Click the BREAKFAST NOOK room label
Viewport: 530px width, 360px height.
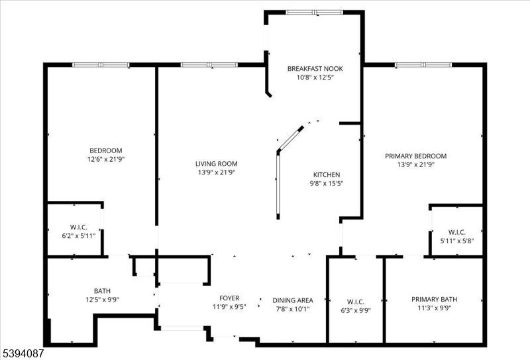click(315, 68)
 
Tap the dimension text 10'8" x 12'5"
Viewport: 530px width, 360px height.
click(315, 77)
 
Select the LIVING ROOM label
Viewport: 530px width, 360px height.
click(216, 164)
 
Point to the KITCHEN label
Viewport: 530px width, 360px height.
click(327, 175)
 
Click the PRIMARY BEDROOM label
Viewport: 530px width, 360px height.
click(415, 156)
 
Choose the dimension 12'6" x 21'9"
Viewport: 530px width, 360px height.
click(106, 159)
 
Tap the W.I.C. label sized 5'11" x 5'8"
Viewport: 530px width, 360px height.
click(456, 232)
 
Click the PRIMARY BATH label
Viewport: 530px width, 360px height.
click(434, 299)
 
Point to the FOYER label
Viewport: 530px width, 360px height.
click(229, 298)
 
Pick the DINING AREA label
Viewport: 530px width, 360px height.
click(293, 300)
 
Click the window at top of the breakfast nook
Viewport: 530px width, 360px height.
click(314, 12)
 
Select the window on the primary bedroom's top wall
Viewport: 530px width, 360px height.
click(424, 65)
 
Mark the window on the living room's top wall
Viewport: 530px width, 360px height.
click(209, 65)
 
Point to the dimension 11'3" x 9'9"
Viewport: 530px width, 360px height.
click(434, 308)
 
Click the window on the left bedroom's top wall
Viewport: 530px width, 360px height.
click(101, 65)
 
